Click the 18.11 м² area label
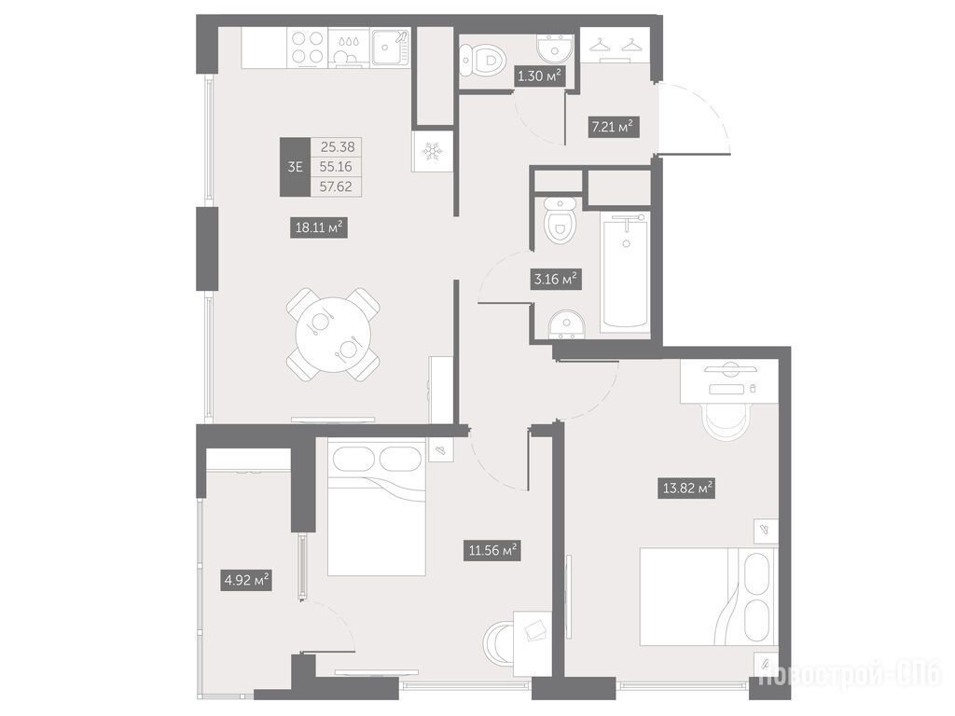point(319,228)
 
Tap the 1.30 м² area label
point(538,76)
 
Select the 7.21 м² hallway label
point(614,127)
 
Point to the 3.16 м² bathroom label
point(556,280)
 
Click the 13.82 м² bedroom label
point(686,489)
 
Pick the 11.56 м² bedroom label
point(492,550)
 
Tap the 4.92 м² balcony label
point(246,580)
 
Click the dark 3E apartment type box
point(295,167)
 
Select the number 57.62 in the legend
point(336,186)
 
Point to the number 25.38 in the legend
point(337,146)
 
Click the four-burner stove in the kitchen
point(307,48)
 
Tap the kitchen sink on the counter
point(390,48)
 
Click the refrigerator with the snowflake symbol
point(433,151)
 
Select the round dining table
point(333,335)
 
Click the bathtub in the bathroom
point(626,271)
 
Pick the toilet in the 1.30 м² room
point(484,60)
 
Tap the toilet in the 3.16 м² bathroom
point(560,220)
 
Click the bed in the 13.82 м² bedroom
point(709,597)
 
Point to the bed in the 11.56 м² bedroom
point(376,506)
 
